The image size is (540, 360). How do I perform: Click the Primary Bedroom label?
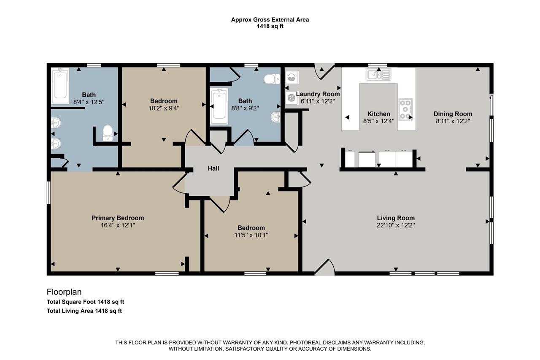click(x=118, y=218)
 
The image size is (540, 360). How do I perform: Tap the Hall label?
click(x=213, y=168)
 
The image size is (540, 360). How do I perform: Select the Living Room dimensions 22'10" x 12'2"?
click(x=396, y=225)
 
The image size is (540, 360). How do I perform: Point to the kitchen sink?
click(x=378, y=74)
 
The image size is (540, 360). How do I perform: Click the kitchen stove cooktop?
click(x=405, y=109)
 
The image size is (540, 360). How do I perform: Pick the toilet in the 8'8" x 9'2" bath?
click(x=272, y=79)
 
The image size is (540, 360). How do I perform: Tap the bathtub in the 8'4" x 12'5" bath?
click(x=60, y=86)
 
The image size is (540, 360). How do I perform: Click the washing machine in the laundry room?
click(x=292, y=78)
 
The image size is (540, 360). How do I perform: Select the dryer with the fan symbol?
click(x=292, y=98)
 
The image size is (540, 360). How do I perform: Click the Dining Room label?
click(x=453, y=114)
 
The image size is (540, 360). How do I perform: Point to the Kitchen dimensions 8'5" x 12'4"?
click(x=379, y=121)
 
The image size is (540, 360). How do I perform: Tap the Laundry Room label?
click(x=318, y=94)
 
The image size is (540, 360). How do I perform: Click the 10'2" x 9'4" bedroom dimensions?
click(x=164, y=108)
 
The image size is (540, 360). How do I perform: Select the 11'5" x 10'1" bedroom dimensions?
click(x=251, y=235)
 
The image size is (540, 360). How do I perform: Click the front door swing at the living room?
click(x=324, y=267)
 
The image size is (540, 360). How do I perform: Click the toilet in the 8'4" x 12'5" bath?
click(x=108, y=133)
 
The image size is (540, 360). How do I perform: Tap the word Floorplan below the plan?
click(x=64, y=292)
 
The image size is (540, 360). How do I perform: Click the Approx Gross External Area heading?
click(x=270, y=20)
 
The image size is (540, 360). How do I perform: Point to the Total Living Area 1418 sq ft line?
click(x=84, y=311)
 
